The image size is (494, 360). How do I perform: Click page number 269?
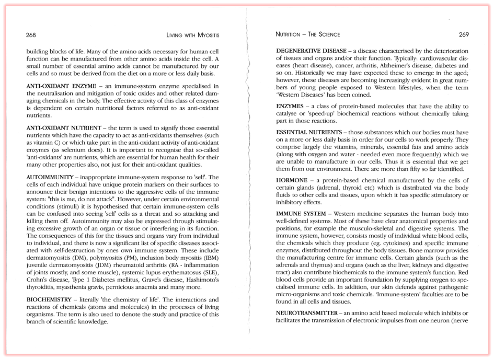464,34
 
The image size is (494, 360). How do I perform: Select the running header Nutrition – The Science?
307,34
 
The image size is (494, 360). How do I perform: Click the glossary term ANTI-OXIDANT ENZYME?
58,86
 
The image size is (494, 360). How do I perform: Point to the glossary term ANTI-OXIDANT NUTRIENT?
60,127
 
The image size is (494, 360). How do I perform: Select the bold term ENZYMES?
291,107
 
